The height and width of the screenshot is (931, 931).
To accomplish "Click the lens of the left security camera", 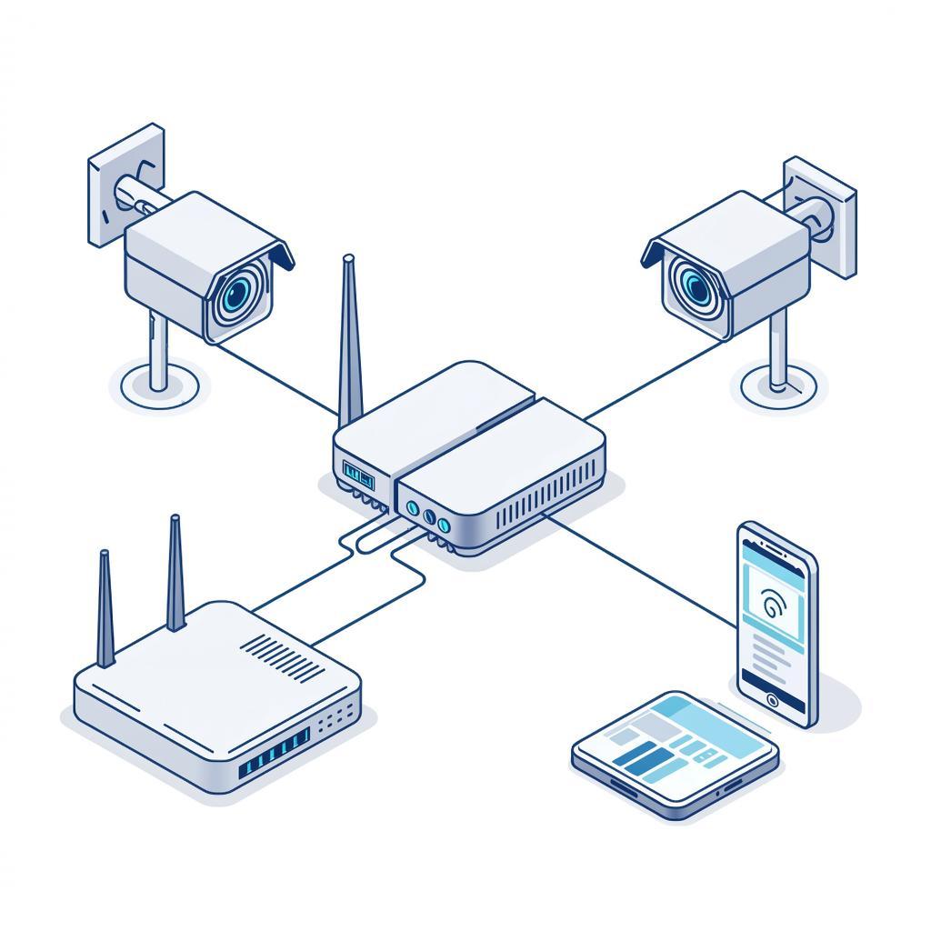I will [238, 293].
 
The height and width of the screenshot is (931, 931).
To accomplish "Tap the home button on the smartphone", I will [772, 700].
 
